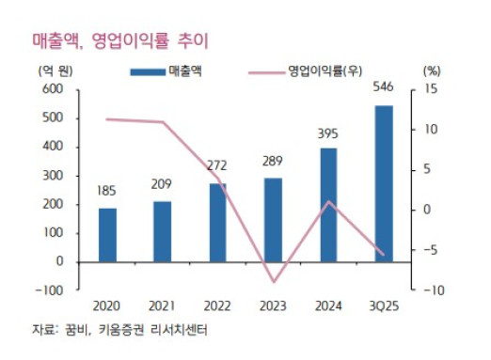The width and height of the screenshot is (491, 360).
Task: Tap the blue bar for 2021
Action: pyautogui.click(x=162, y=231)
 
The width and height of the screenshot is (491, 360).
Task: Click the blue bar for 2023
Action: pyautogui.click(x=273, y=219)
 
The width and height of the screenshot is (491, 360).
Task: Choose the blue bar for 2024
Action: pyautogui.click(x=327, y=204)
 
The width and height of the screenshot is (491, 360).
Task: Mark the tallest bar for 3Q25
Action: pyautogui.click(x=383, y=182)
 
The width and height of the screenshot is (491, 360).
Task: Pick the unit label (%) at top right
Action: pyautogui.click(x=432, y=70)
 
